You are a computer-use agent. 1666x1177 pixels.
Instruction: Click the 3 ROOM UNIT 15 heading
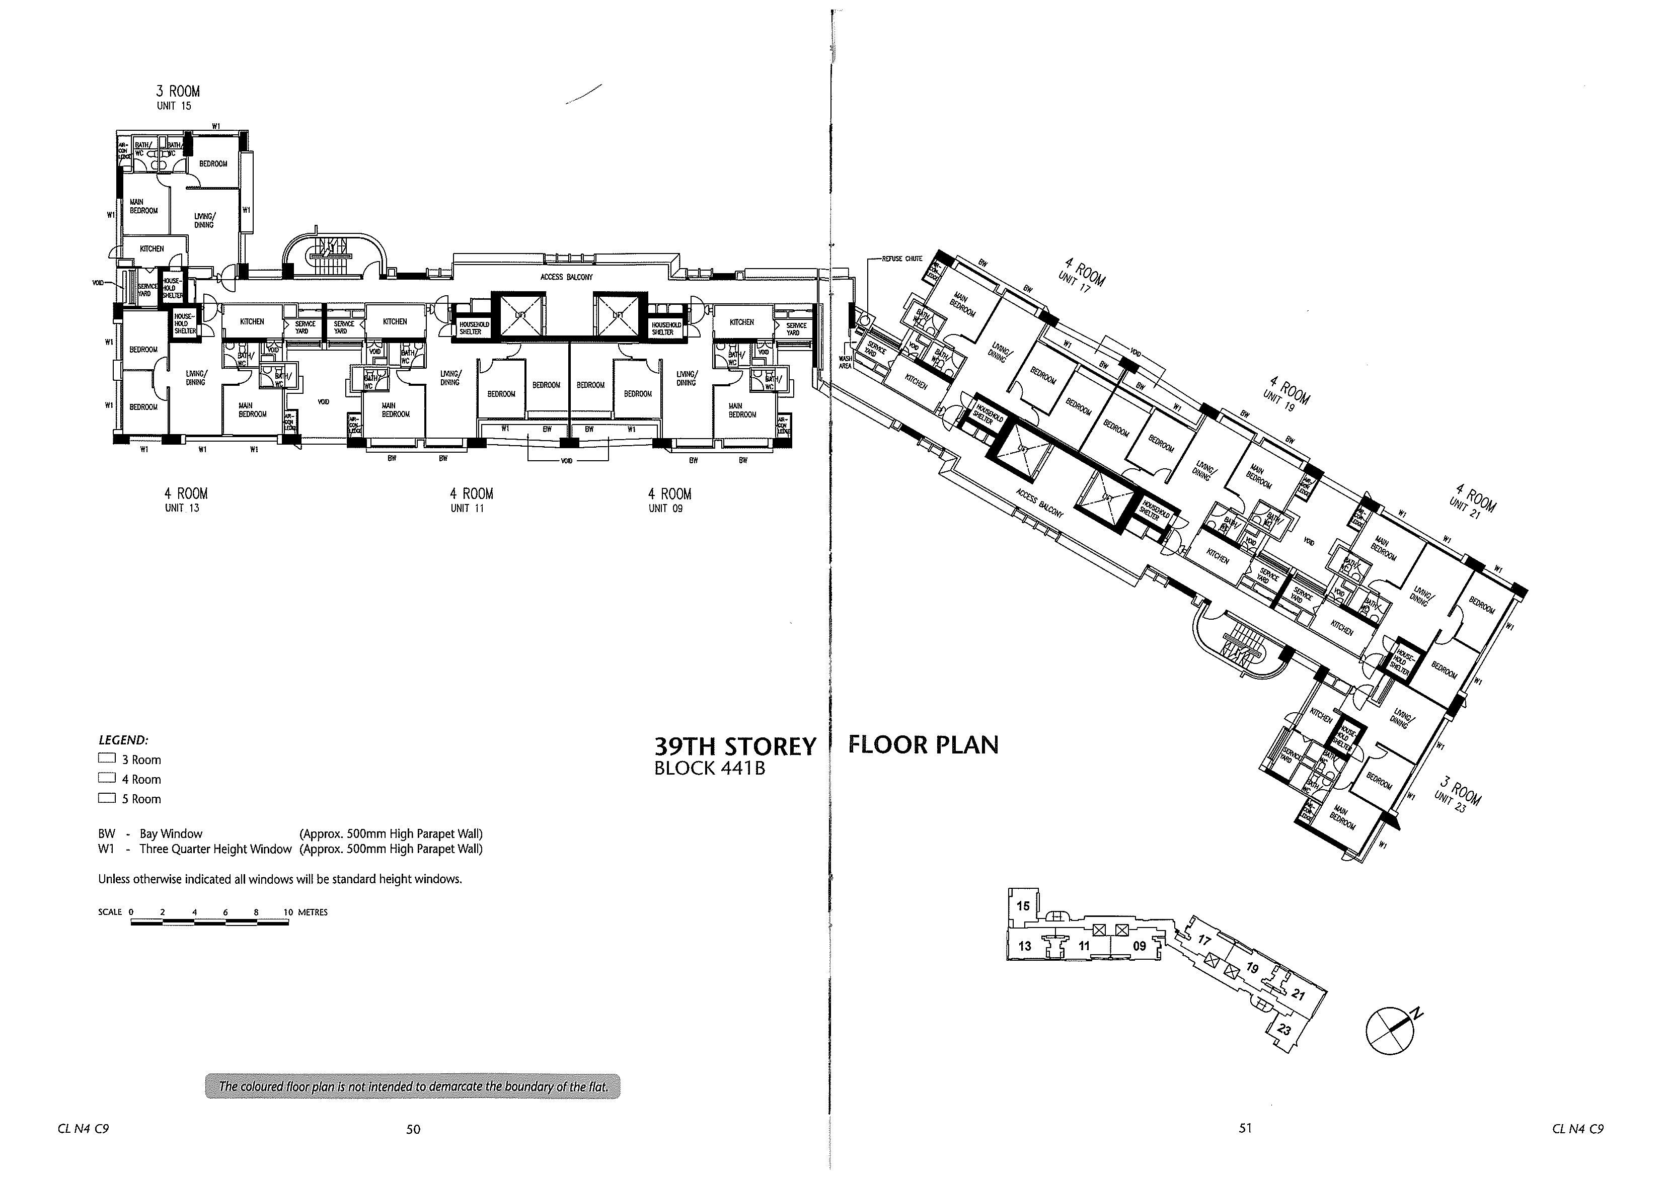coord(178,97)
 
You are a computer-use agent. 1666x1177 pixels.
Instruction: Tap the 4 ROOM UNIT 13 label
coord(185,499)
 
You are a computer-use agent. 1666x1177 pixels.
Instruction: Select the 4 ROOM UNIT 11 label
coord(471,499)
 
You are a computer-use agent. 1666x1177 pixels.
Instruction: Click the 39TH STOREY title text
coord(735,747)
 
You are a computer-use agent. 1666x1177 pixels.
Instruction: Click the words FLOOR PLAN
coord(923,745)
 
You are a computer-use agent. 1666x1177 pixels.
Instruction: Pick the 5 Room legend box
coord(107,798)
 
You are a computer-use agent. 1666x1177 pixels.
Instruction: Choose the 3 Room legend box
coord(107,760)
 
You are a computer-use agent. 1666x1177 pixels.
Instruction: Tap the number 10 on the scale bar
coord(288,912)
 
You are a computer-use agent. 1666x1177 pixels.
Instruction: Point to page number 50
coord(413,1128)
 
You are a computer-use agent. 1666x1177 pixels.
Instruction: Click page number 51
coord(1245,1128)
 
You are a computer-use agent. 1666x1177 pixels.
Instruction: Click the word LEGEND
coord(123,740)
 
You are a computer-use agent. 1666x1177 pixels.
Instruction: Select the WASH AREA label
coord(846,362)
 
